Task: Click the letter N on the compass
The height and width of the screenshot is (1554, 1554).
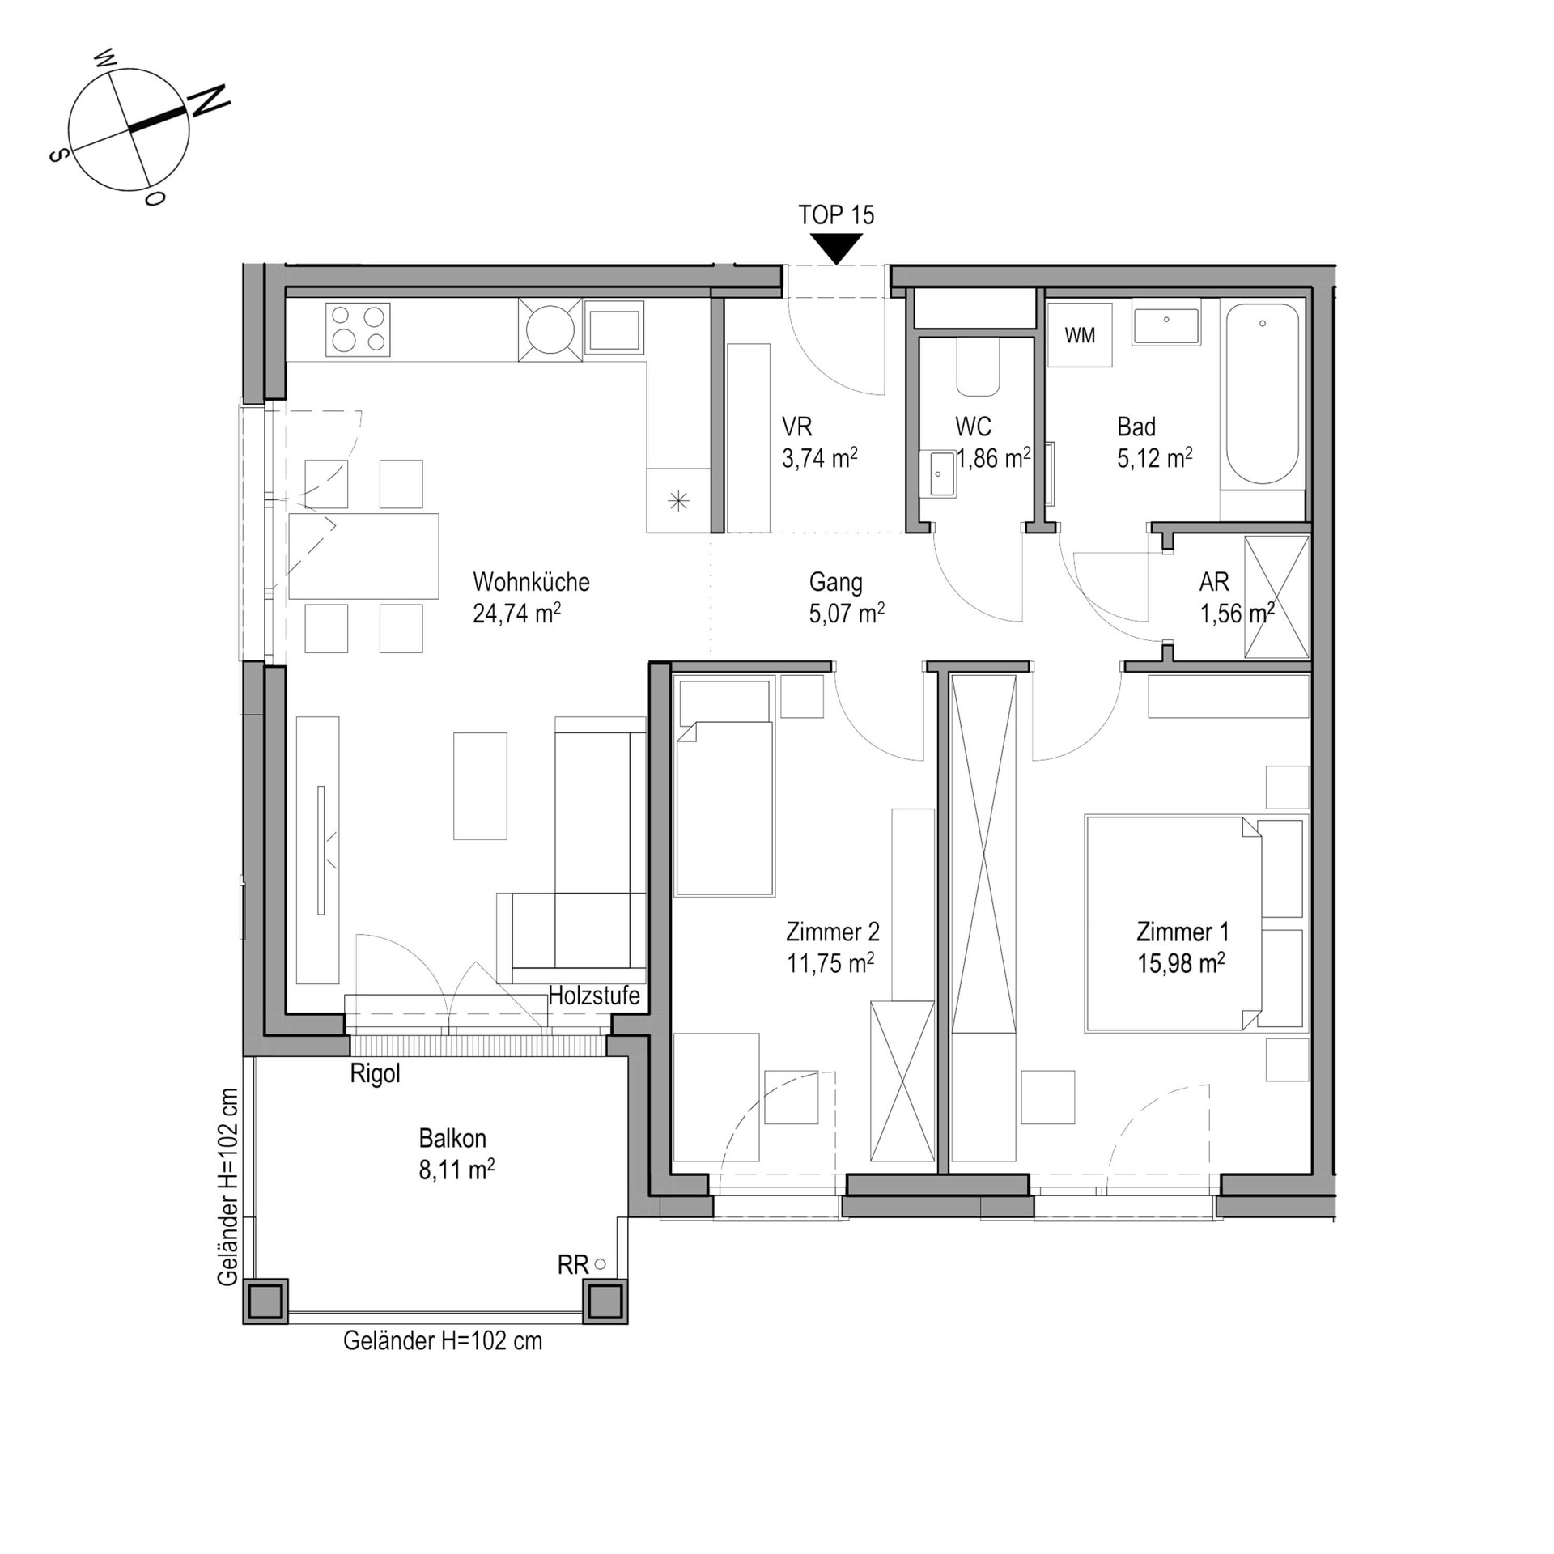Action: (209, 100)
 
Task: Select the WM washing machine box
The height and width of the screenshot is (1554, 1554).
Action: (1080, 334)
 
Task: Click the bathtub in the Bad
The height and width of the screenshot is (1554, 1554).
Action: (1263, 395)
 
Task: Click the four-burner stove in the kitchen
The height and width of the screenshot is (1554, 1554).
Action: (358, 329)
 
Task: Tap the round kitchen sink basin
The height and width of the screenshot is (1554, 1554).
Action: (550, 329)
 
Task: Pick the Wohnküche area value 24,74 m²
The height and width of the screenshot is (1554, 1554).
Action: (517, 614)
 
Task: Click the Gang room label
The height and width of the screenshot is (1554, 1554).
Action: (835, 582)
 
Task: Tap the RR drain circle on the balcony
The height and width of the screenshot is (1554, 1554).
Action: (600, 1263)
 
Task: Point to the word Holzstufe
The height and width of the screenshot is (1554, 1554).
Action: (594, 996)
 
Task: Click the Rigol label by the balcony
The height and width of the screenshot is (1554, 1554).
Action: (375, 1074)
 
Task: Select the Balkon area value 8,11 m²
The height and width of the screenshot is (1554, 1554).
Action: (456, 1170)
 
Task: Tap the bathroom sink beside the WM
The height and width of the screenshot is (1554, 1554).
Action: (1165, 326)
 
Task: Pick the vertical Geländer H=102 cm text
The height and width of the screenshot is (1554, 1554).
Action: (228, 1187)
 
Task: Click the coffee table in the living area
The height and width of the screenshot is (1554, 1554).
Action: (480, 786)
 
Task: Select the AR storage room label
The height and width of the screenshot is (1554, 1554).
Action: (1214, 582)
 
